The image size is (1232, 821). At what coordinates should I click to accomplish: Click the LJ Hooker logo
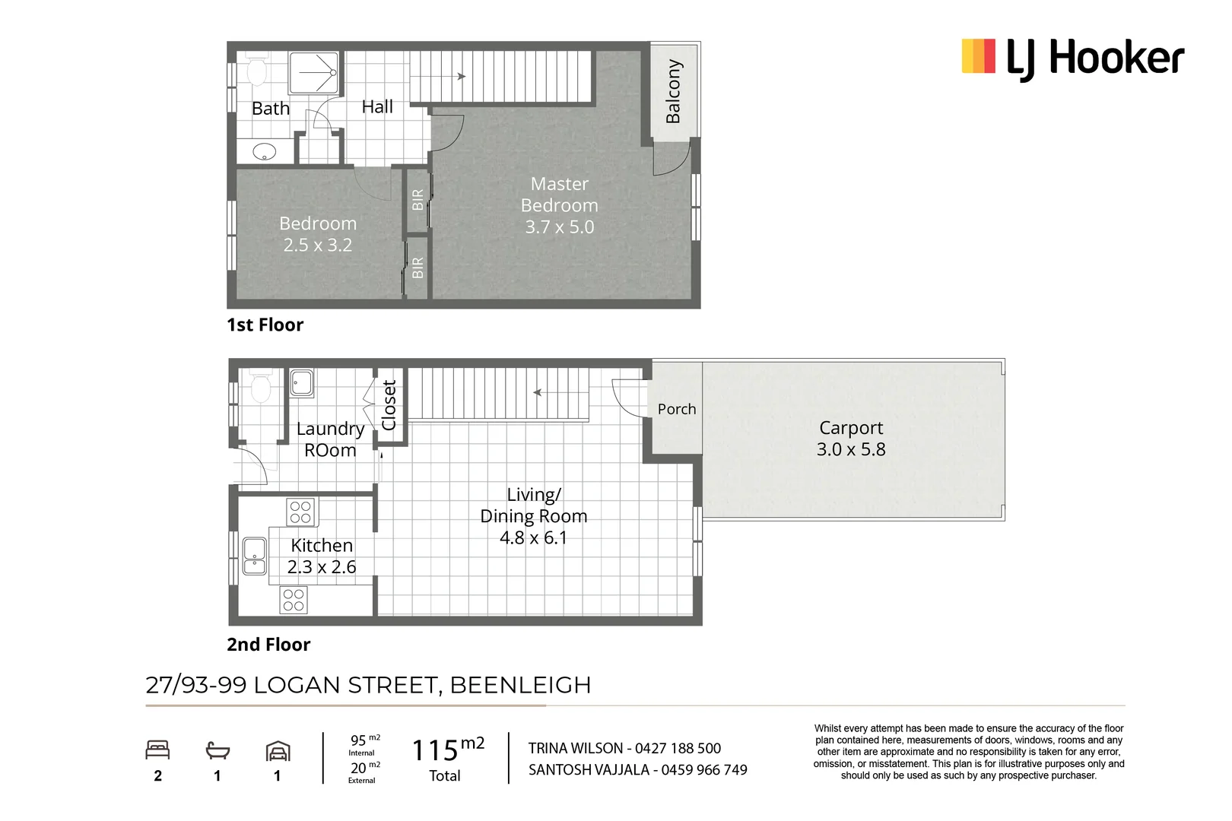point(1072,59)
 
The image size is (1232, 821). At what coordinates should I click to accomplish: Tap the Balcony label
point(673,91)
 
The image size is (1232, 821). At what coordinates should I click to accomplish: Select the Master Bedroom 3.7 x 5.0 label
point(559,205)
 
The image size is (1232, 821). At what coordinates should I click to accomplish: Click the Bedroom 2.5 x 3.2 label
point(318,234)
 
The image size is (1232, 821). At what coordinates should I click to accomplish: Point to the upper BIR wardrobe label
point(418,200)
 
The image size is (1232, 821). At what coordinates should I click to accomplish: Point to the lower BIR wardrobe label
point(418,268)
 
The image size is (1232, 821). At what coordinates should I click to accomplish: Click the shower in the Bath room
point(314,73)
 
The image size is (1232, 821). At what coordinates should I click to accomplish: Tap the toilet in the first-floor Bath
point(256,72)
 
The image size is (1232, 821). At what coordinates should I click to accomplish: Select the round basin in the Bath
point(264,151)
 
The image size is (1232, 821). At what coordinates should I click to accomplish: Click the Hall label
point(377,107)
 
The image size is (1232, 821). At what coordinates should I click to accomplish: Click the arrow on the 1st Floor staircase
point(460,76)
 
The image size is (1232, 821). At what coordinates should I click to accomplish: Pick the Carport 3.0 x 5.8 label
point(851,439)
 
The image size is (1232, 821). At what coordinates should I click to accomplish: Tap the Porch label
point(677,409)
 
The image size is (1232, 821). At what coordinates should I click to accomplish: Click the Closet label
point(389,405)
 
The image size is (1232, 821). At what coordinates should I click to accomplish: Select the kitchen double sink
point(254,556)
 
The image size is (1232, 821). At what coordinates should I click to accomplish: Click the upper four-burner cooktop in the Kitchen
point(300,512)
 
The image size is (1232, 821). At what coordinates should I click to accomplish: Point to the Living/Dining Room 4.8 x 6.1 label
point(533,516)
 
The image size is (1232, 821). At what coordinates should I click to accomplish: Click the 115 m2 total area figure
point(447,750)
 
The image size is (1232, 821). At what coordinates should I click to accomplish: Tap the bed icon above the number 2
point(157,750)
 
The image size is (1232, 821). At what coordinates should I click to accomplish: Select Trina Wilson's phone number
point(678,749)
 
